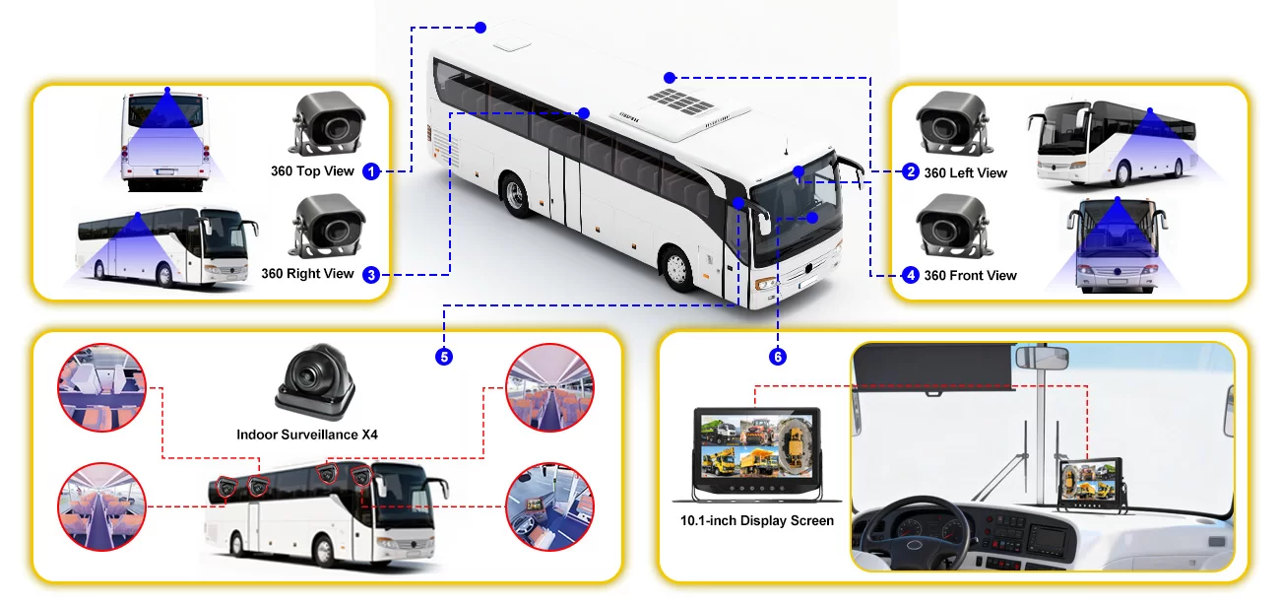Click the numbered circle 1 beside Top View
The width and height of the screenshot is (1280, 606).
point(371,170)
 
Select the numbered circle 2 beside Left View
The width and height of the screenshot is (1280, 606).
point(911,171)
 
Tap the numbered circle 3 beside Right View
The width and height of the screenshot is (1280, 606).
point(371,275)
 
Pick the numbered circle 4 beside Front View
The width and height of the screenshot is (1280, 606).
point(911,275)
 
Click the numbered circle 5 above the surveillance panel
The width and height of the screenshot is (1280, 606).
point(444,357)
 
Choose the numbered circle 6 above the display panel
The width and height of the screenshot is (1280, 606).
point(778,357)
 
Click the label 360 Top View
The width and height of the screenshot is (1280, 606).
point(312,170)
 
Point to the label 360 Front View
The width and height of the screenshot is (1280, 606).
point(970,276)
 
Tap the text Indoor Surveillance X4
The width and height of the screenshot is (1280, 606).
point(307,435)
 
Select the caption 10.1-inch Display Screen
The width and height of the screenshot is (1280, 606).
point(756,521)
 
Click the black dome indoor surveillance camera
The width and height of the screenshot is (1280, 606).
point(316,381)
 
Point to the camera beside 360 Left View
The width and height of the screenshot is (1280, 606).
point(952,123)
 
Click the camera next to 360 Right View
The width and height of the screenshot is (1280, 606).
point(328,227)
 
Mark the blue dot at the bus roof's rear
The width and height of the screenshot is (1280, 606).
point(480,28)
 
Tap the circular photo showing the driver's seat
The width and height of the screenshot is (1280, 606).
point(549,506)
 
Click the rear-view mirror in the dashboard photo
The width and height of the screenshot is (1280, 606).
point(1043,359)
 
